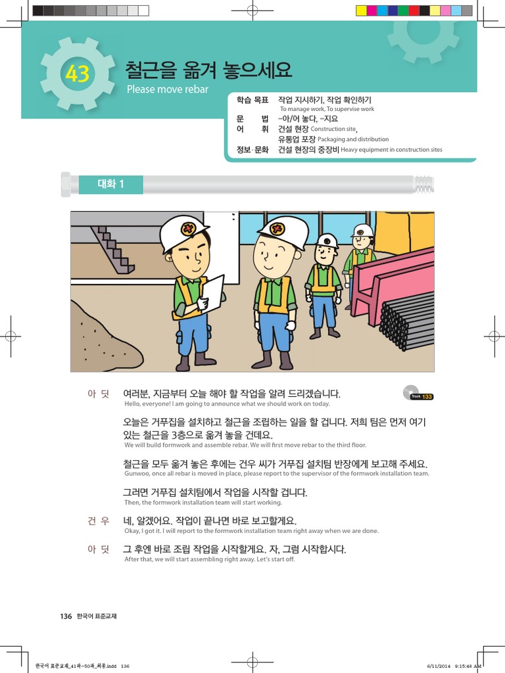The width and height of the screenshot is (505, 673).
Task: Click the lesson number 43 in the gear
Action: [x=77, y=75]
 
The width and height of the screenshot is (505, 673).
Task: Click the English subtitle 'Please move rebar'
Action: [x=167, y=89]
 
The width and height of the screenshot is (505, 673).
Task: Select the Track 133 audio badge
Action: [x=418, y=395]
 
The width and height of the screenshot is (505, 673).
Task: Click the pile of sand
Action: [x=105, y=338]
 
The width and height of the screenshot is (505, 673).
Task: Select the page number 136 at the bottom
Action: [x=66, y=616]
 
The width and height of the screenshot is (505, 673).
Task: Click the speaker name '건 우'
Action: [x=98, y=521]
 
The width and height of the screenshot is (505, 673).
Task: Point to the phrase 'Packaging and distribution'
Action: [x=353, y=139]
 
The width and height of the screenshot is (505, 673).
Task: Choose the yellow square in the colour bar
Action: [x=361, y=11]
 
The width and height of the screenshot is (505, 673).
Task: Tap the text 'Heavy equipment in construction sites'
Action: [x=392, y=150]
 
